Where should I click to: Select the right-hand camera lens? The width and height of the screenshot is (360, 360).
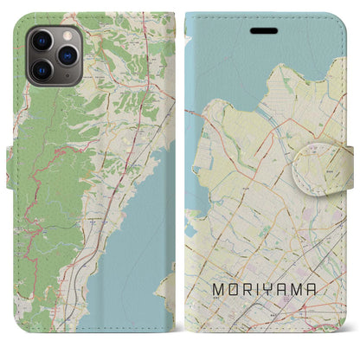click(x=65, y=55)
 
